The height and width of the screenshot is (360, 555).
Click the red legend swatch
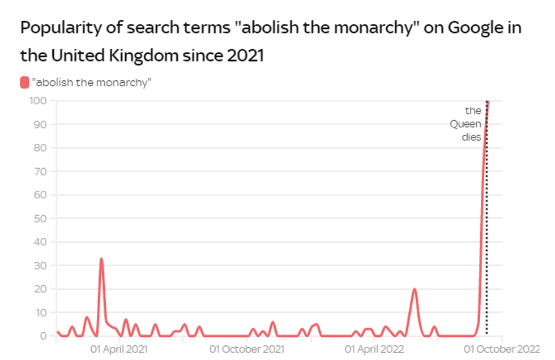[x=24, y=83]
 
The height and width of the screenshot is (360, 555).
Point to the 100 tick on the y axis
[x=38, y=101]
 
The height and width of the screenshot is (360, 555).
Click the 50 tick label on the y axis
[x=40, y=218]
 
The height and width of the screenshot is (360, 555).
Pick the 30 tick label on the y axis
[x=40, y=265]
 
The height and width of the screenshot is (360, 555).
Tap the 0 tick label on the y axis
[x=43, y=336]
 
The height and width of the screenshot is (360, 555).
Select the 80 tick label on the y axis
[x=40, y=148]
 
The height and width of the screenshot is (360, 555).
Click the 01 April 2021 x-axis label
[x=119, y=349]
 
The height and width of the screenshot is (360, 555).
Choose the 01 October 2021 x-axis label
[x=247, y=349]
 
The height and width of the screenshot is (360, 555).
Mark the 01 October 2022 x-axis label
[x=502, y=349]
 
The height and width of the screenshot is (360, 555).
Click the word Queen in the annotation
[x=466, y=124]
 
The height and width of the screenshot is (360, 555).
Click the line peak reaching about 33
[x=101, y=259]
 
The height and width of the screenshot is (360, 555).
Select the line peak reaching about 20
[x=415, y=289]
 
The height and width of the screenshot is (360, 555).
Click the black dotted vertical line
[x=486, y=226]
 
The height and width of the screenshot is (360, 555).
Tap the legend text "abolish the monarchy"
[x=92, y=83]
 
